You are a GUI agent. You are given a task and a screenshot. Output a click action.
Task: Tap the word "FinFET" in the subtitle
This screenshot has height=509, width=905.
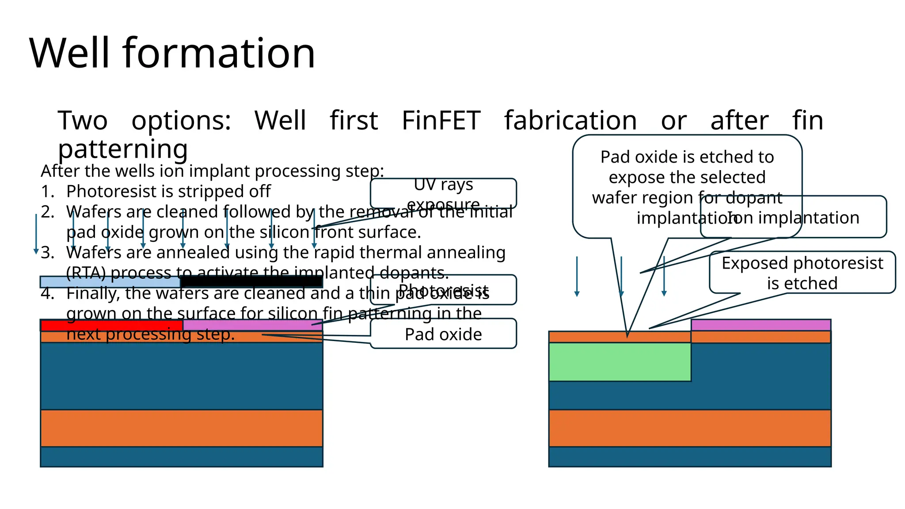tap(441, 120)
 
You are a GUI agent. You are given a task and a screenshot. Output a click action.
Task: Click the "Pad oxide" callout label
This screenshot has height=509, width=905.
tap(443, 334)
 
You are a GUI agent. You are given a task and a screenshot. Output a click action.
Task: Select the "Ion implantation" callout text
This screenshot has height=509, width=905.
tap(793, 218)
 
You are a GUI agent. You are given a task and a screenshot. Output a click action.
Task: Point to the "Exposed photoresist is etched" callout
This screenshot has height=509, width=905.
tap(802, 273)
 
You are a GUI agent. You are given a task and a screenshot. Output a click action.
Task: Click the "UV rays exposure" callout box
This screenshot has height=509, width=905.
tap(443, 194)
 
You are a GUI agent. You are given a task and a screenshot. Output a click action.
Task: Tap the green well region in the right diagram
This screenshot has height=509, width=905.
tap(620, 362)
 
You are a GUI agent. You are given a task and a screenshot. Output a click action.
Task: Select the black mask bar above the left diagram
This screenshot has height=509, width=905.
tap(251, 281)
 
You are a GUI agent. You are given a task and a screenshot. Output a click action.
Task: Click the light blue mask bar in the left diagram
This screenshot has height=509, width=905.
tap(110, 282)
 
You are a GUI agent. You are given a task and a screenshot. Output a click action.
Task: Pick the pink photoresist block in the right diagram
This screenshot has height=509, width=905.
tap(761, 325)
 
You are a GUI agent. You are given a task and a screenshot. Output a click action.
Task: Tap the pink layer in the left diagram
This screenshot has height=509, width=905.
tap(252, 325)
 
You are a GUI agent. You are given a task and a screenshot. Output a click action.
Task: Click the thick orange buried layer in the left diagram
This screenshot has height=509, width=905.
tap(181, 428)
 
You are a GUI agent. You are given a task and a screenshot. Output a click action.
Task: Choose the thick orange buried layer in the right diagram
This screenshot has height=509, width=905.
tap(689, 428)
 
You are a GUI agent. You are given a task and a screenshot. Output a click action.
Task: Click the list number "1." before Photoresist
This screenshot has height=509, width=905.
tap(48, 192)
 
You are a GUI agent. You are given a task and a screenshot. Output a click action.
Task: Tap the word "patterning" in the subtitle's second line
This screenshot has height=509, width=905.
tap(123, 149)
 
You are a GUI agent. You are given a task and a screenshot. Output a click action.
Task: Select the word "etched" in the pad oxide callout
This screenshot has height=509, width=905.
tap(718, 157)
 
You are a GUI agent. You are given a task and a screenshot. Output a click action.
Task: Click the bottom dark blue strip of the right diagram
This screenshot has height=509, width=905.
tap(689, 457)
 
